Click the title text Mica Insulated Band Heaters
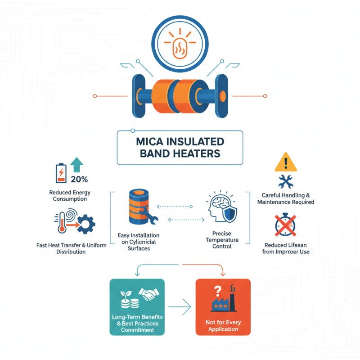click(x=180, y=148)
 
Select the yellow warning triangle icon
click(x=286, y=162)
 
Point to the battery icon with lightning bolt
click(x=60, y=173)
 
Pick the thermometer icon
click(x=61, y=223)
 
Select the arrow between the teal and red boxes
click(x=180, y=308)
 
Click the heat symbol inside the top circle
click(x=180, y=45)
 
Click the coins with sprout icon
click(x=125, y=296)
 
